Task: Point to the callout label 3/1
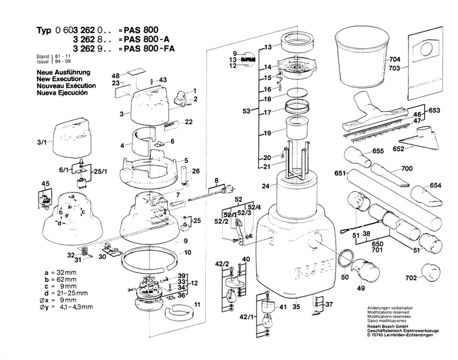click(x=41, y=143)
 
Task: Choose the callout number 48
click(x=116, y=76)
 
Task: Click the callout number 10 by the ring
click(x=188, y=252)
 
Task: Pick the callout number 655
click(x=377, y=151)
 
